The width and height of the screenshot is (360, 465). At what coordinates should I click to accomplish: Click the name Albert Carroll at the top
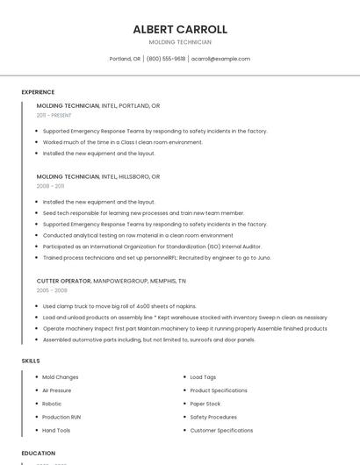(x=180, y=29)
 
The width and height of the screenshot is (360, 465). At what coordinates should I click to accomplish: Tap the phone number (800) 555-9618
(x=166, y=59)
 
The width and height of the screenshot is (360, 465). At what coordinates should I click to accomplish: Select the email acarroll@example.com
(x=220, y=59)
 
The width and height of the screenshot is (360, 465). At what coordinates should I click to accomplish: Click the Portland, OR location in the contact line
(x=125, y=59)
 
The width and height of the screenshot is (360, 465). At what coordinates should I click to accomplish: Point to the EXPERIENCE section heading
(x=38, y=92)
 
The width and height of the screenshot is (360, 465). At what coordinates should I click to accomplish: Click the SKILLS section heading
(x=31, y=361)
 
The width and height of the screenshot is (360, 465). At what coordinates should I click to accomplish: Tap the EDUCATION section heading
(x=38, y=454)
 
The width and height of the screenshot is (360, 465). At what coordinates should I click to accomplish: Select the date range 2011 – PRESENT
(x=54, y=115)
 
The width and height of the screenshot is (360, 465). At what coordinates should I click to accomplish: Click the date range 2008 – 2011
(x=50, y=186)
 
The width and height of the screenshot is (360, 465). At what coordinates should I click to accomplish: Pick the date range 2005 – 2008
(x=51, y=290)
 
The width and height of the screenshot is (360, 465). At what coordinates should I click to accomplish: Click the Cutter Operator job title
(x=63, y=281)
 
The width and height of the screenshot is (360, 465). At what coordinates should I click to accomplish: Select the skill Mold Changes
(x=61, y=377)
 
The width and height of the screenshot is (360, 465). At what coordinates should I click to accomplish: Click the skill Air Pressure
(x=57, y=390)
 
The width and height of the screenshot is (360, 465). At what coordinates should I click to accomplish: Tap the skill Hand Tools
(x=56, y=431)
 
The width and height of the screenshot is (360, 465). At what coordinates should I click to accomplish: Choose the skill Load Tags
(x=203, y=377)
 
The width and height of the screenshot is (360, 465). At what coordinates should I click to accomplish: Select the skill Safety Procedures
(x=213, y=417)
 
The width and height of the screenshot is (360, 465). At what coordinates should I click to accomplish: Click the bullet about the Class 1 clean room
(x=122, y=142)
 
